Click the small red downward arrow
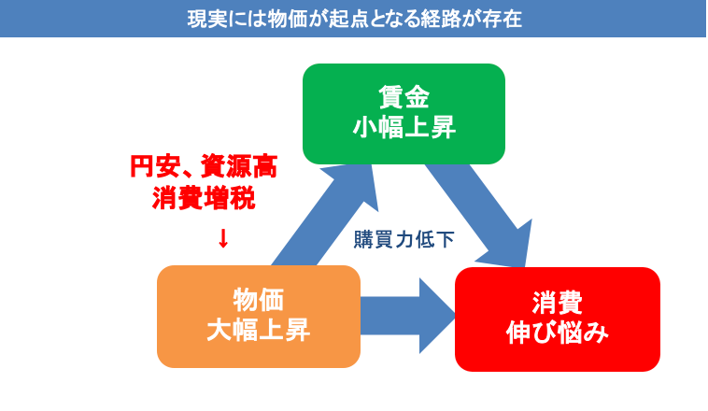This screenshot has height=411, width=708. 222,238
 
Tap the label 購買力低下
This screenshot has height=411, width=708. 404,239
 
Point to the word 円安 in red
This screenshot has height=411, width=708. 149,168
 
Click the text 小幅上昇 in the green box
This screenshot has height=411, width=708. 404,128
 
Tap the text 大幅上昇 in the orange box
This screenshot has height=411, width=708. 259,330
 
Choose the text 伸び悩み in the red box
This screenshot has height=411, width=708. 558,332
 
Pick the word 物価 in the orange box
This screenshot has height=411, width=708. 259,301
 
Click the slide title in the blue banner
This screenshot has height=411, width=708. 354,17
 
